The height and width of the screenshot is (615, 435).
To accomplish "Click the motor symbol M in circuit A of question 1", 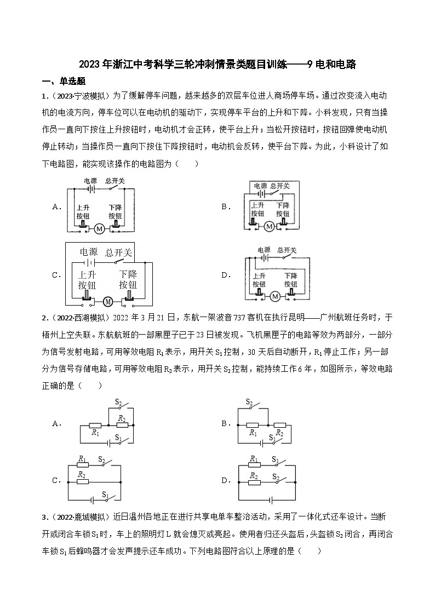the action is pos(99,228).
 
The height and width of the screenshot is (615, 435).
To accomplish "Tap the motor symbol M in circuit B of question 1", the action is pos(268,226).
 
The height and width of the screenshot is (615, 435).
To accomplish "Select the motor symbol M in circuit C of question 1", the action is pos(108,301).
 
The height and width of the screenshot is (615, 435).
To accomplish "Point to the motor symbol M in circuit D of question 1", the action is pos(275,296).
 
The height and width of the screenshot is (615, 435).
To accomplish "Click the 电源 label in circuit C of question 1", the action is pos(89,252).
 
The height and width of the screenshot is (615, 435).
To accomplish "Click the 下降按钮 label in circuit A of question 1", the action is pos(115,212).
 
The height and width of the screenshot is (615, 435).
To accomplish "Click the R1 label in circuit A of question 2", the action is pos(95,433).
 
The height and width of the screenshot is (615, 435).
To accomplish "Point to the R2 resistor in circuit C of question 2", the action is pos(83,482).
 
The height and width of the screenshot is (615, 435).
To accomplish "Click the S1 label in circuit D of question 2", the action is pos(275,459).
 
